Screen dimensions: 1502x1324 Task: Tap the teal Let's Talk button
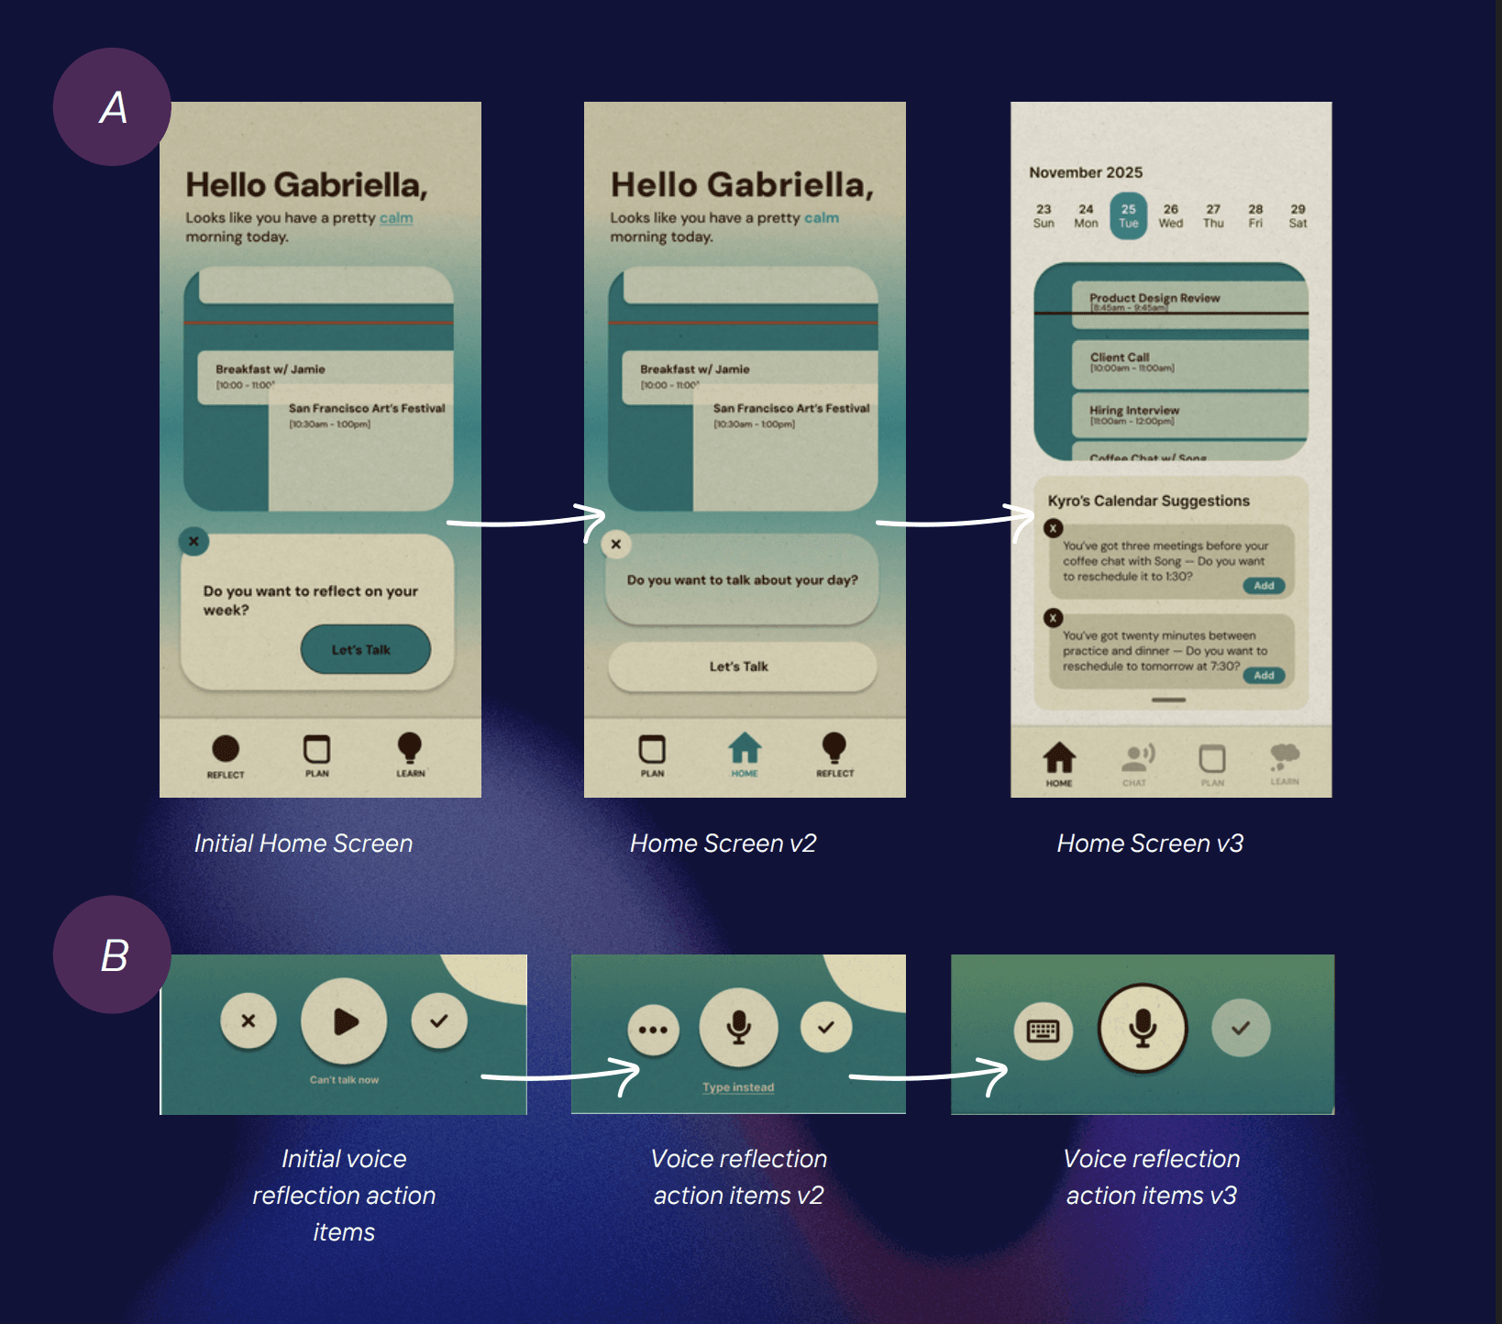click(x=365, y=649)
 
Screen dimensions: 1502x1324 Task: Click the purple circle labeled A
click(x=112, y=107)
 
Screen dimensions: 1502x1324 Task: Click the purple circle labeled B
click(x=112, y=954)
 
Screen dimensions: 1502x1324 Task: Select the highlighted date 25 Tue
click(x=1128, y=216)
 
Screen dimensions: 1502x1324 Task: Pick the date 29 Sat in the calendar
click(x=1298, y=216)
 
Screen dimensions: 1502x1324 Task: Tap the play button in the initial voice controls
click(x=344, y=1021)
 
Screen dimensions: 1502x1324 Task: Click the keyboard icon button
click(x=1043, y=1031)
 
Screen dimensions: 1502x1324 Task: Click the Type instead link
click(x=738, y=1087)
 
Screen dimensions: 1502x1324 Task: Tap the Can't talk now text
click(x=344, y=1080)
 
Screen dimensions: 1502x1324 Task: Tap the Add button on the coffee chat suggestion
click(x=1264, y=586)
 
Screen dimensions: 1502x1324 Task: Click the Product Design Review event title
click(x=1154, y=298)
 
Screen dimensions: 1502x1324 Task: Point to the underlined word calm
click(x=396, y=218)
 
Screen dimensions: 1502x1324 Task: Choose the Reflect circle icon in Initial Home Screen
click(x=226, y=749)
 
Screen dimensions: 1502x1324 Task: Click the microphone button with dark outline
click(x=1143, y=1028)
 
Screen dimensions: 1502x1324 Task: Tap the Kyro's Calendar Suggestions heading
click(x=1148, y=501)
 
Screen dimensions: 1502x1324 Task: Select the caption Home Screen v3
click(x=1150, y=844)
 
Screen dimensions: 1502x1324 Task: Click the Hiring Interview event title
click(x=1134, y=410)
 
